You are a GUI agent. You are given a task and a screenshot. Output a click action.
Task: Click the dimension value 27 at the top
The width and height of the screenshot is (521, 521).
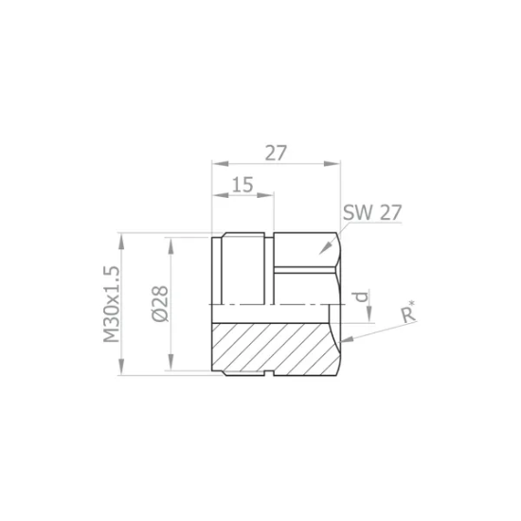tap(276, 153)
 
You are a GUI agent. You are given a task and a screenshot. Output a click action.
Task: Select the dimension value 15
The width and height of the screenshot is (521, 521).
tap(243, 185)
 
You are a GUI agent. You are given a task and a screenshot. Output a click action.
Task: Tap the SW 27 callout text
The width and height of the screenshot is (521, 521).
tap(372, 212)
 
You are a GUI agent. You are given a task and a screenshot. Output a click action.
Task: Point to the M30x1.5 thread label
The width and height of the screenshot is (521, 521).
tap(111, 304)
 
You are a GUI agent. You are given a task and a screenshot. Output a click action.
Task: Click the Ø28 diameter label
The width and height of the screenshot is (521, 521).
tap(160, 304)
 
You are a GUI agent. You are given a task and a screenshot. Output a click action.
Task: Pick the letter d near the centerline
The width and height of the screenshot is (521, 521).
tap(361, 296)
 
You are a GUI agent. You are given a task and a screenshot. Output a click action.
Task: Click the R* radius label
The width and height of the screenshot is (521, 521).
tap(408, 312)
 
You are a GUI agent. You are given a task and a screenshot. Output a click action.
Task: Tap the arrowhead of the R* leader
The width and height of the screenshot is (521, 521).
tap(346, 339)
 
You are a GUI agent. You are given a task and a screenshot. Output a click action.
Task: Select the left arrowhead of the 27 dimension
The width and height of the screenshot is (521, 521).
tap(221, 164)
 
